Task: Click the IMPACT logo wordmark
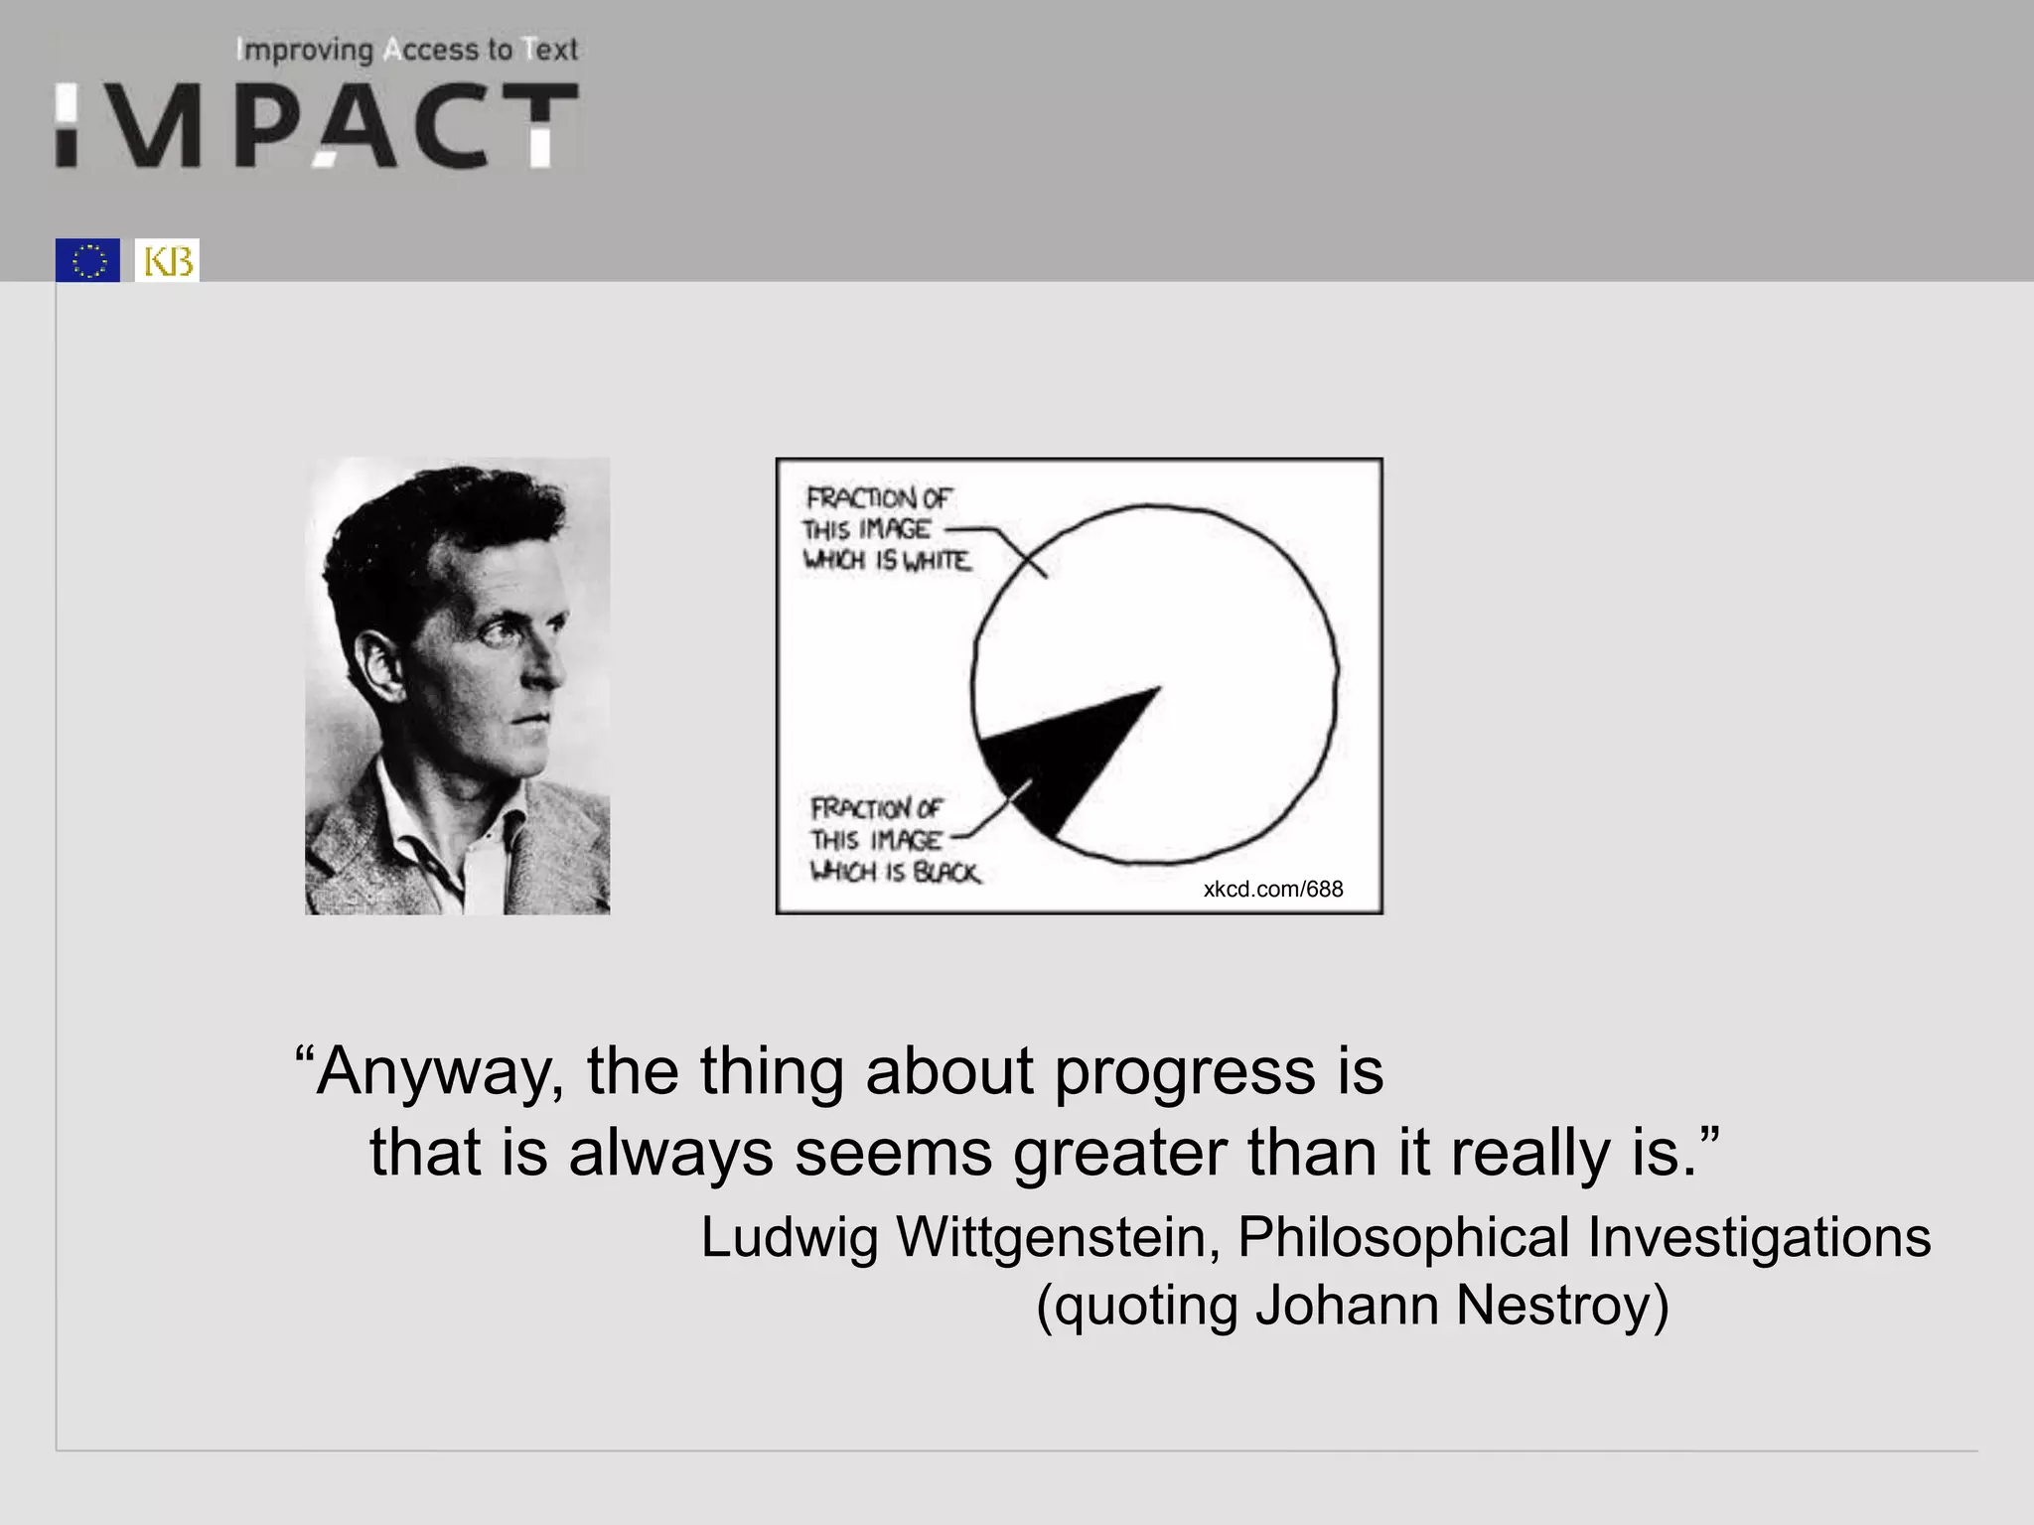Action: pos(316,125)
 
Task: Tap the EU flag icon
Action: pos(87,260)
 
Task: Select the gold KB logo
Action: pos(167,260)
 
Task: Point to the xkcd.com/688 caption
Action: pos(1272,889)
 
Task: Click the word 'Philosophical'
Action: pos(1403,1237)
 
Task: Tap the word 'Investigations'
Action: pos(1758,1237)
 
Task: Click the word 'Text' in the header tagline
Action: pos(551,50)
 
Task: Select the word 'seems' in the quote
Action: pos(893,1154)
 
